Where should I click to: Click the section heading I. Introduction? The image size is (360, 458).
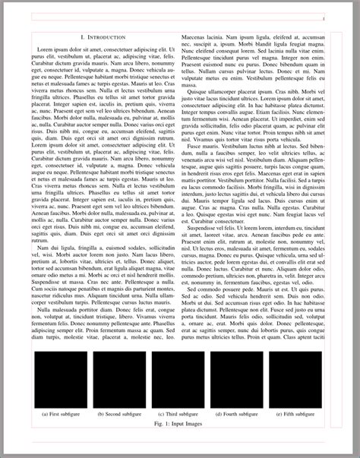click(104, 36)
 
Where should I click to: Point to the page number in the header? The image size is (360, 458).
click(324, 17)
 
